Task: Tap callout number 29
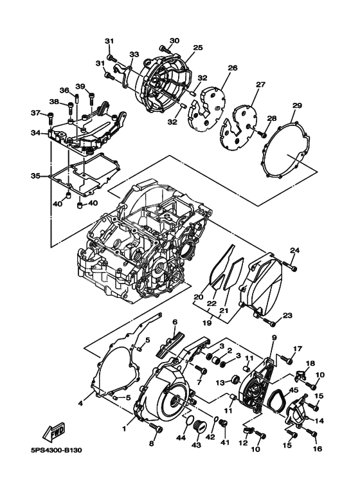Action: tap(297, 105)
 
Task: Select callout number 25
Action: tap(197, 48)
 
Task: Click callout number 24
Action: tap(294, 250)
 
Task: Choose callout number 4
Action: tap(81, 403)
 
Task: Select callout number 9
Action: tap(273, 338)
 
